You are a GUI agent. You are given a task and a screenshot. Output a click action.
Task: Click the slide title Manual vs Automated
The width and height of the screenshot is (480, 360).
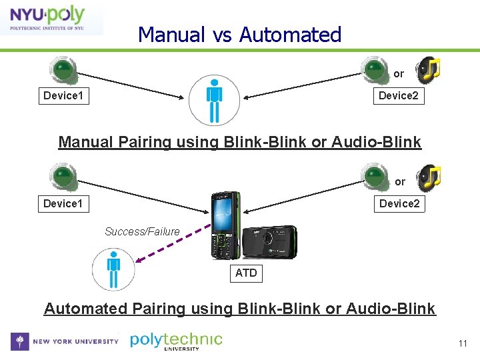(x=239, y=35)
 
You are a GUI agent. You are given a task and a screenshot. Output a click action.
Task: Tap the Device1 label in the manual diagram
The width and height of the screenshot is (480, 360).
(x=63, y=96)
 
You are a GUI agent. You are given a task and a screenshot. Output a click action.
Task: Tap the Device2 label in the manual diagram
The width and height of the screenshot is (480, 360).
(x=399, y=96)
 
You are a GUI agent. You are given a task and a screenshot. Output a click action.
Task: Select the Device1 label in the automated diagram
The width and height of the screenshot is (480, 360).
(x=63, y=203)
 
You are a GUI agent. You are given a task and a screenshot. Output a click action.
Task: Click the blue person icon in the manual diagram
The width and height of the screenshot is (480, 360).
(x=214, y=100)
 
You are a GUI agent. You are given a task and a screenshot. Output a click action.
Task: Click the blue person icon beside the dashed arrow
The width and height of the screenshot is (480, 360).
(x=113, y=269)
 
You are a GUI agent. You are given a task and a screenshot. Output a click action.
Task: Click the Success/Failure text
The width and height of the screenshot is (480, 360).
(x=142, y=231)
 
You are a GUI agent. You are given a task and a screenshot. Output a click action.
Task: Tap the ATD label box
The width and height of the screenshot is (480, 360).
(x=246, y=273)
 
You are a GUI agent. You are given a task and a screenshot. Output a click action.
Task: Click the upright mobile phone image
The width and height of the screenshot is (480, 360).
(x=225, y=225)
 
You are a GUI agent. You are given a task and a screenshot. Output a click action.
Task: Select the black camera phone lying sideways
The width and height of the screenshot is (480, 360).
(x=269, y=241)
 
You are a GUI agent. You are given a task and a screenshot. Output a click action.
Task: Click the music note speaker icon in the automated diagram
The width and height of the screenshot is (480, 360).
(x=428, y=177)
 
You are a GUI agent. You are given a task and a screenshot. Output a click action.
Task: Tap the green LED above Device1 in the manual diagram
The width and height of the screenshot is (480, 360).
(x=63, y=69)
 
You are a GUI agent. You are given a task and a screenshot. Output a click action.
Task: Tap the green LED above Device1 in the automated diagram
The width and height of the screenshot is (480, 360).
(x=63, y=176)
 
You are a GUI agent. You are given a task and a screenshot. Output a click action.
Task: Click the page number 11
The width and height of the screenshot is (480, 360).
(x=462, y=344)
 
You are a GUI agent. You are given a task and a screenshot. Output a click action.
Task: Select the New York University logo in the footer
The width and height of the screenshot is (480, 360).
(x=65, y=341)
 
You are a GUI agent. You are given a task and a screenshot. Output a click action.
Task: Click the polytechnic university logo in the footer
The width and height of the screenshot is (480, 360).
(x=176, y=341)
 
